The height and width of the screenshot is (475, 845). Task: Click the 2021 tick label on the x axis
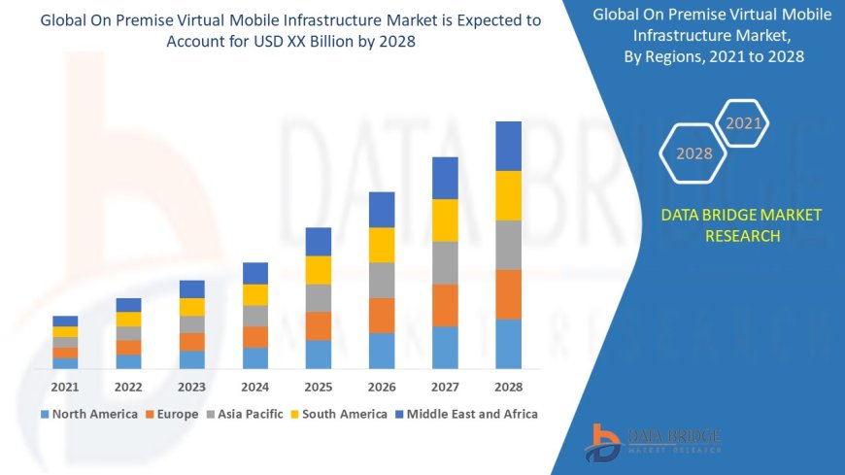(x=65, y=387)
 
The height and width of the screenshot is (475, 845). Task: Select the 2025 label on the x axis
(x=319, y=387)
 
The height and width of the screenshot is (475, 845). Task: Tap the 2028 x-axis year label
(x=508, y=387)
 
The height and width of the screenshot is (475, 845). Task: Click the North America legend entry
(x=88, y=414)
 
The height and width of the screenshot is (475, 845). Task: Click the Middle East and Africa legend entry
(x=465, y=414)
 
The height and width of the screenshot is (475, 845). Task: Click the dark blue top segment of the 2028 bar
(x=508, y=146)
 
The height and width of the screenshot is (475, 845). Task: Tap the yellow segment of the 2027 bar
(x=445, y=220)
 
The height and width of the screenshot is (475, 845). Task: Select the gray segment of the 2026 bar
(x=382, y=280)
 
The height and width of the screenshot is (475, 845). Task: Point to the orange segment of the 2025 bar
(x=319, y=325)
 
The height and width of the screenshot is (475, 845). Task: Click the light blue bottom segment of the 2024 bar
(x=255, y=357)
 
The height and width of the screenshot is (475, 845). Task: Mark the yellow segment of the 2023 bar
(x=192, y=307)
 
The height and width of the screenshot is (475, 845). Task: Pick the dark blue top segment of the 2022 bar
(x=128, y=305)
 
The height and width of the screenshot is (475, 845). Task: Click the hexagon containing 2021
(x=744, y=123)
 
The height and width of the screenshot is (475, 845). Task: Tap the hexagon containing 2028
(x=693, y=153)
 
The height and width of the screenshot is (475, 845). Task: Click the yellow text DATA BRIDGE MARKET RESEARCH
(x=741, y=225)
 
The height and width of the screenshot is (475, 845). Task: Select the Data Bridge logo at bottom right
(x=653, y=441)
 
